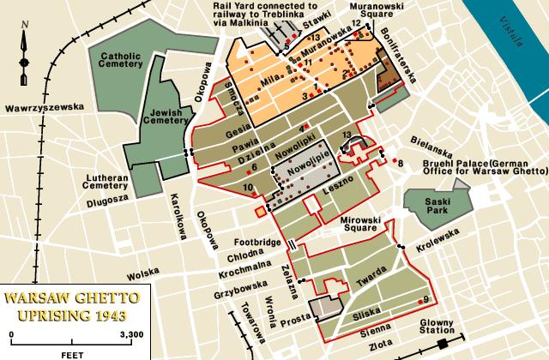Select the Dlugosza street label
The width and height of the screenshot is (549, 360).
(x=108, y=202)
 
